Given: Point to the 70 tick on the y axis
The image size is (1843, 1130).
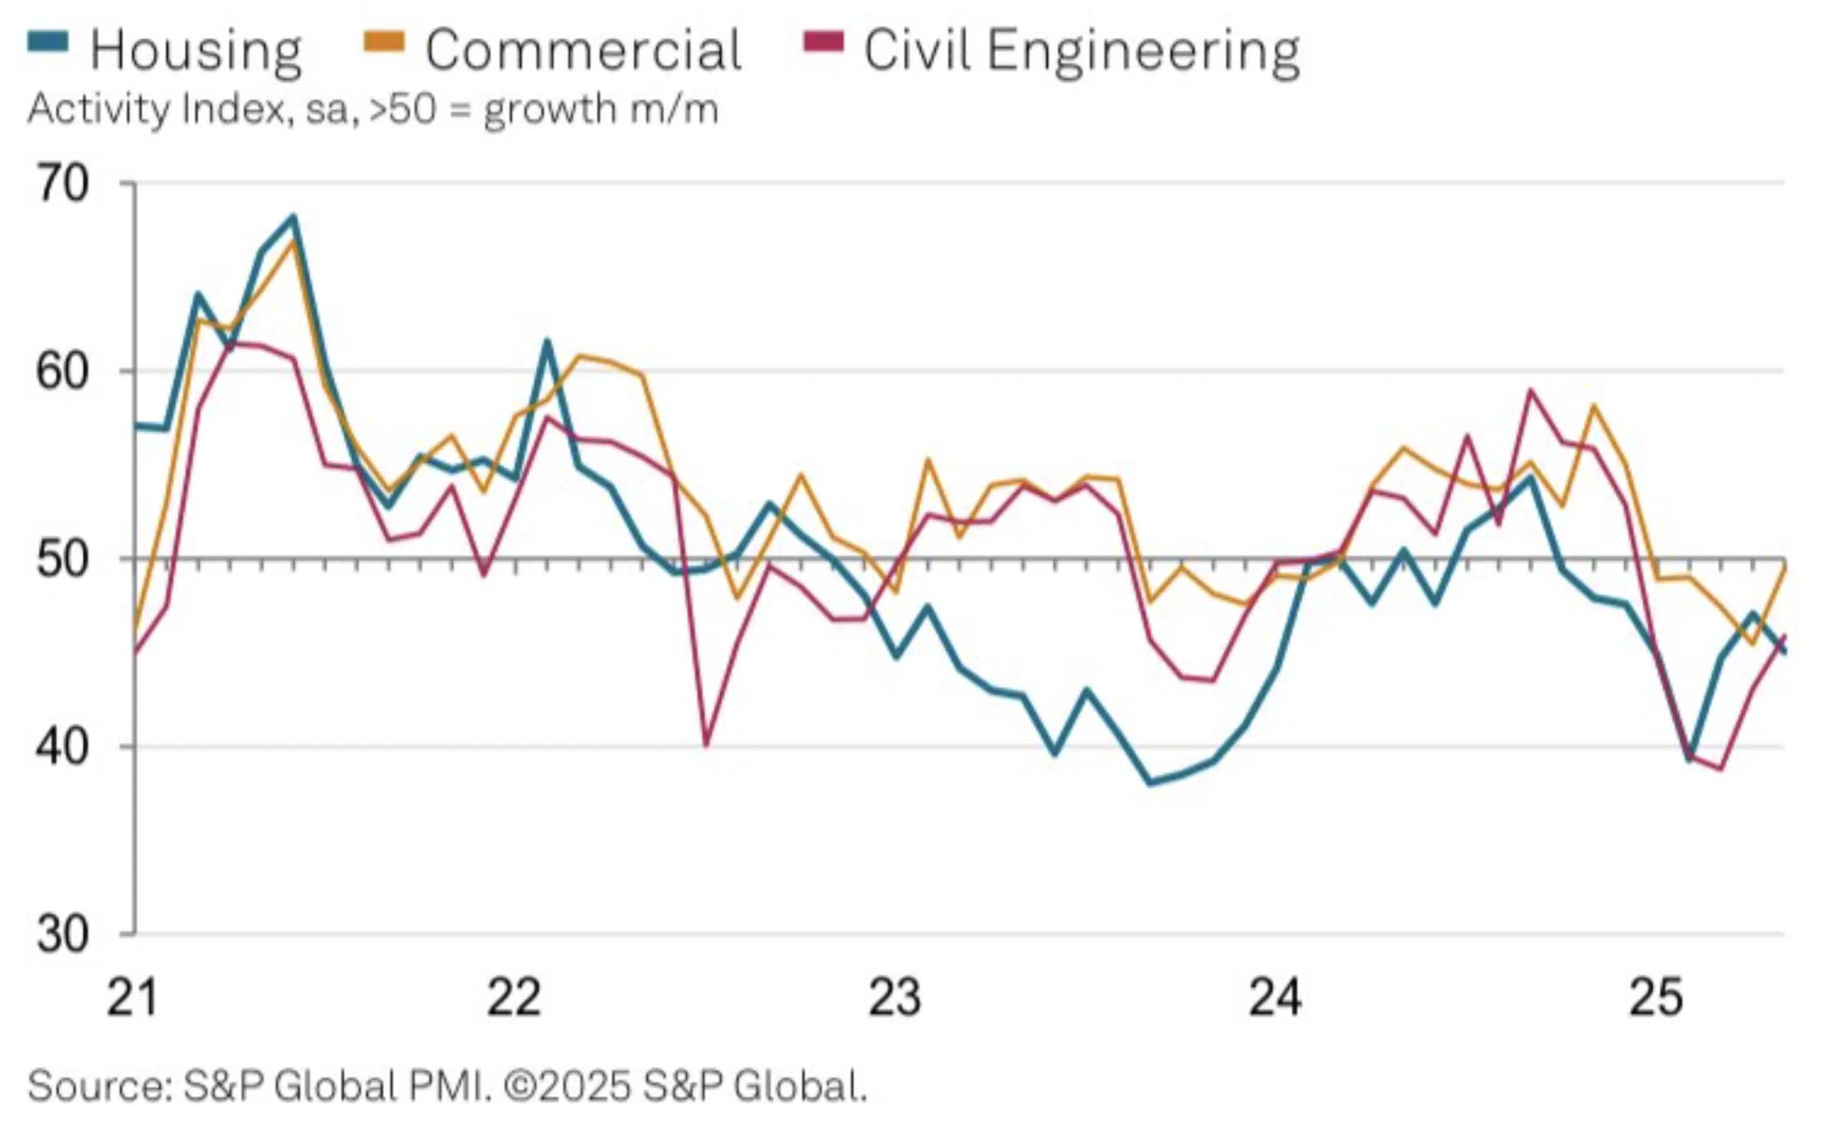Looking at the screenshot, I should point(62,184).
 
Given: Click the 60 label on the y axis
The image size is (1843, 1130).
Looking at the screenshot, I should point(62,371).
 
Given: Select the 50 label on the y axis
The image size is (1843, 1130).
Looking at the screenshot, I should point(62,559).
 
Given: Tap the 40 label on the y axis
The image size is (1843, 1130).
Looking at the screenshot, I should point(62,747).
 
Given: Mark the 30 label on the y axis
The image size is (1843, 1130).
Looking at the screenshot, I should point(62,935).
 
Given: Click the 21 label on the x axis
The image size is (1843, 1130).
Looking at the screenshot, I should point(132,997).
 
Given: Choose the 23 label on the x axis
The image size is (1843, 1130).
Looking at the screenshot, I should point(895,997).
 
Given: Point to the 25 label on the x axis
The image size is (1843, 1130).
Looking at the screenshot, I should point(1656,997).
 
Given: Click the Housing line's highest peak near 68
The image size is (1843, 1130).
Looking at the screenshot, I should point(293,217).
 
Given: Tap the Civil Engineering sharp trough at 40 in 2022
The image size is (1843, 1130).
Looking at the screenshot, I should point(706,745).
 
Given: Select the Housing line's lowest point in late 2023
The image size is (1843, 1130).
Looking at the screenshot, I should point(1150,783).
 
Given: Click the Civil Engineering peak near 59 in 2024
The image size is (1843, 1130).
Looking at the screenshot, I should point(1531,390).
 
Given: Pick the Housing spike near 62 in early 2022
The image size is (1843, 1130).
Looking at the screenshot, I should point(546,341).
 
